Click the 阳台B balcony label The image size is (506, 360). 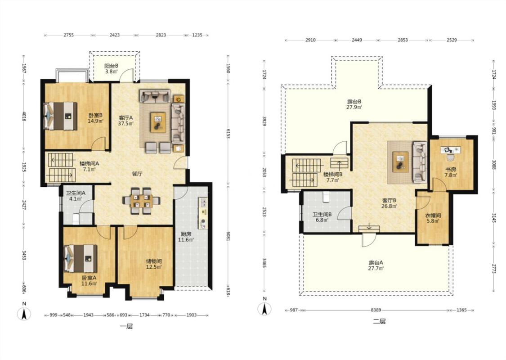click(111, 69)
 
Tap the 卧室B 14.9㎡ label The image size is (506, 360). click(95, 118)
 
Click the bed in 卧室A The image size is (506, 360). click(81, 258)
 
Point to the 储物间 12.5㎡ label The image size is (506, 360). click(154, 264)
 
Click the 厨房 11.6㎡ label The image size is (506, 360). click(186, 237)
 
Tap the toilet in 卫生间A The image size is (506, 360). click(76, 219)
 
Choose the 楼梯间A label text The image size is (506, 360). click(90, 163)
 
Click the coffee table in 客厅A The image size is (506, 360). click(158, 122)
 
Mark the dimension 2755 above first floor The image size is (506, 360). click(68, 35)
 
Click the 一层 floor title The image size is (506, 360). click(126, 326)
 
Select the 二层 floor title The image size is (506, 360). click(379, 321)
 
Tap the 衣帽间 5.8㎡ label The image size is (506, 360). click(433, 218)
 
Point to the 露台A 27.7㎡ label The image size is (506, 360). click(376, 265)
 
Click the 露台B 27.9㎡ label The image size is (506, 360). click(354, 104)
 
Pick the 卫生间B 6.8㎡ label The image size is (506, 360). click(322, 217)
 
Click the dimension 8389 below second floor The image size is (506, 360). click(376, 310)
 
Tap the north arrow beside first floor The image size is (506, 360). click(24, 311)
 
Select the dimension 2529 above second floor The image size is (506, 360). click(452, 40)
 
